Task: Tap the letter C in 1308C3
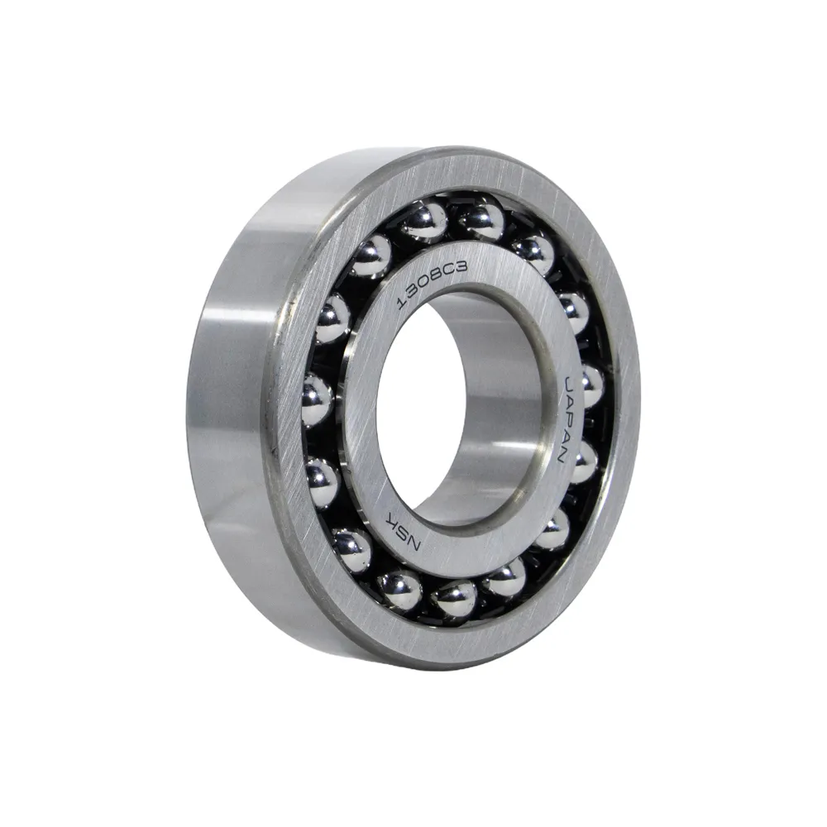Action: [x=451, y=272]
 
